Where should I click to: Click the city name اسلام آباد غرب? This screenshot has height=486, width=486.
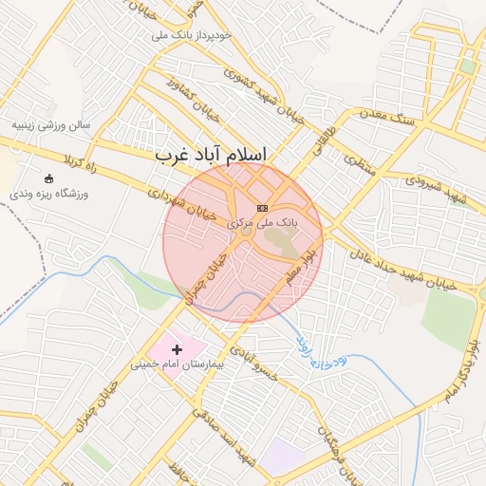[211, 154]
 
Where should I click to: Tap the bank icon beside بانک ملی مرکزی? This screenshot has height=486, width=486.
[263, 208]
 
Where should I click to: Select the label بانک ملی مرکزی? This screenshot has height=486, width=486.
[262, 221]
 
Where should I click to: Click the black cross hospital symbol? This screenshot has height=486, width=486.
[177, 350]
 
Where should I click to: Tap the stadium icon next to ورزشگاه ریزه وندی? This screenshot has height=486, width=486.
[49, 178]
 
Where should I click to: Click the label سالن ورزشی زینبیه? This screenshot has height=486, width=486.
[49, 124]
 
